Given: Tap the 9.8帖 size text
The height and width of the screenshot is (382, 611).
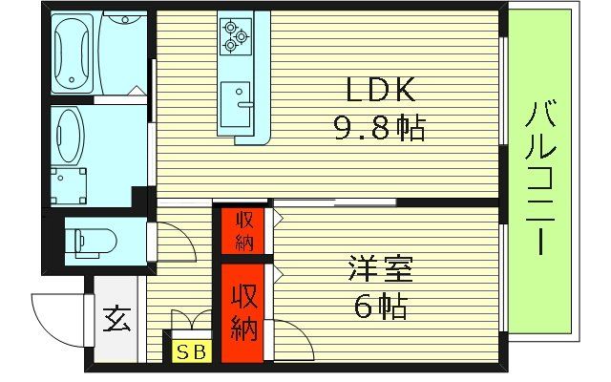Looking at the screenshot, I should pos(378,125).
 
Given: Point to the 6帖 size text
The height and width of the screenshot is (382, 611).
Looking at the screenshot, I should pos(378,307).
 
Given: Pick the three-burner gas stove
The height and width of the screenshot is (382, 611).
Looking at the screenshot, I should pos(235,36).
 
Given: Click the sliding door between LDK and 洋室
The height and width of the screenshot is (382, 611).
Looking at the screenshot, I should pos(334,202).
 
